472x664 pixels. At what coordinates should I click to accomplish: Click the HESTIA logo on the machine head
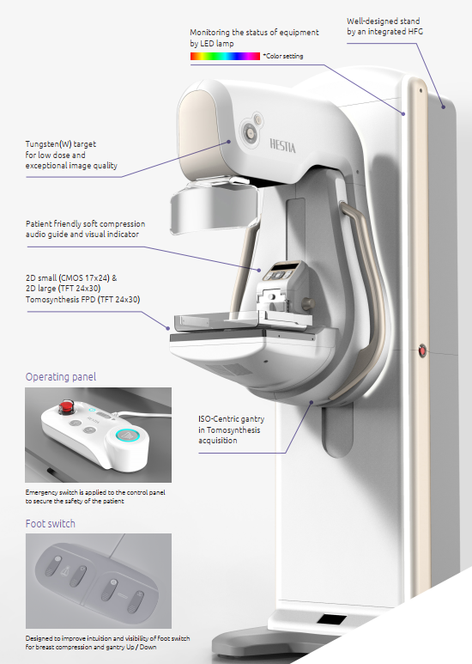click(282, 146)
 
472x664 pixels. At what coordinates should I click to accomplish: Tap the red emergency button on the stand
click(422, 350)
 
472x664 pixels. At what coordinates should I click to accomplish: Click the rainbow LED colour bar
click(225, 56)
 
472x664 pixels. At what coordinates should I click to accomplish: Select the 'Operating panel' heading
click(61, 376)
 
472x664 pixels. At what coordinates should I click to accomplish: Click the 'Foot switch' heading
click(51, 523)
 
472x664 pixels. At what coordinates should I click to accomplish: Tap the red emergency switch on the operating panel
click(65, 406)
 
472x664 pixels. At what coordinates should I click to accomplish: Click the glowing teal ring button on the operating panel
click(125, 435)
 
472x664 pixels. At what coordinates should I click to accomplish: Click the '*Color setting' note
click(283, 56)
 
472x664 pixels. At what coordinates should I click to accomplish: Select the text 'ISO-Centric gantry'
click(232, 419)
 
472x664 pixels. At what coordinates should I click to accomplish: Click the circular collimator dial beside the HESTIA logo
click(250, 133)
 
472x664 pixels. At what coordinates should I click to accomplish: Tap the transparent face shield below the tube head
click(214, 209)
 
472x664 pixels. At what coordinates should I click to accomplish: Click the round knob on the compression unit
click(307, 303)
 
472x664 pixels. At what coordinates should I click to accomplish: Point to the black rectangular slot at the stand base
click(331, 620)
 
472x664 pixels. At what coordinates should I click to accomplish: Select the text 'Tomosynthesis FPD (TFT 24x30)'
click(83, 300)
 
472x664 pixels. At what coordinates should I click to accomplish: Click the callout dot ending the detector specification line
click(168, 328)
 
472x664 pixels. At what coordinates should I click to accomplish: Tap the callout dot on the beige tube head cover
click(229, 142)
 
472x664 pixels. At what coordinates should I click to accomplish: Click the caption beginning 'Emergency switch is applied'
click(95, 496)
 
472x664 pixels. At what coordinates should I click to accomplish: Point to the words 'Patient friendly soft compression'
click(86, 223)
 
